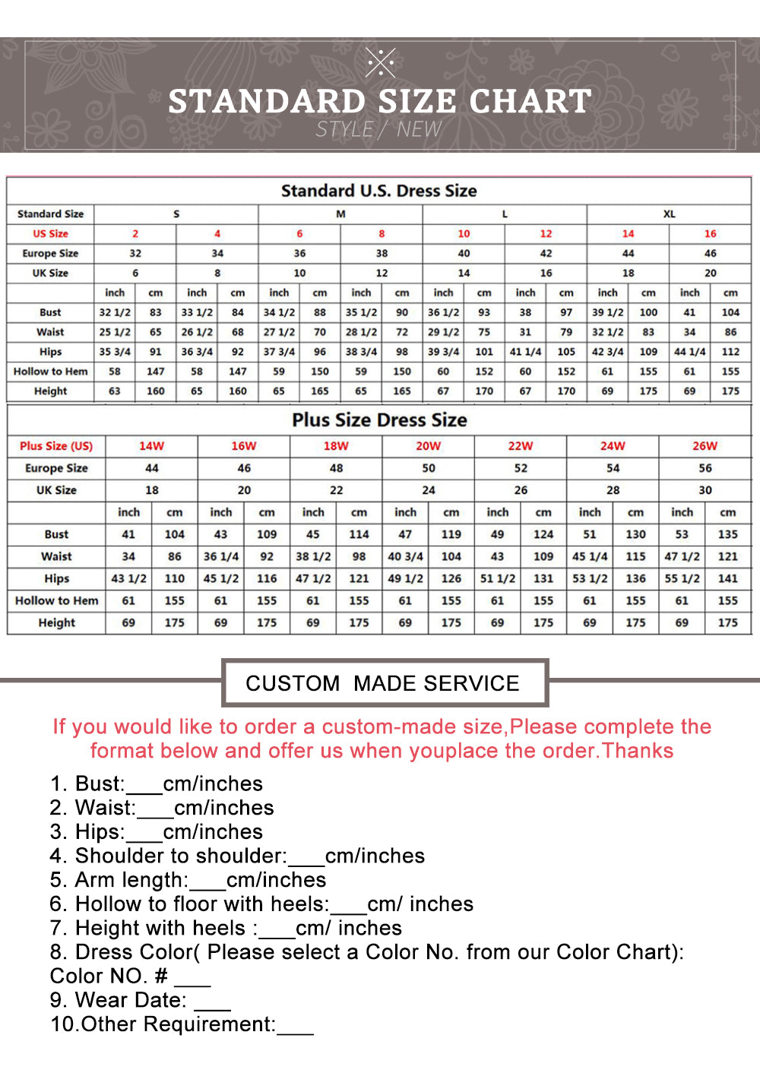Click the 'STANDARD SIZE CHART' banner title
tap(379, 101)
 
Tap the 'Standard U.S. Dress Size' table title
tap(378, 191)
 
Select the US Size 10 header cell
tap(464, 234)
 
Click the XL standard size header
tap(669, 214)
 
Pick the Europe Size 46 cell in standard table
tap(710, 254)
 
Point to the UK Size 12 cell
tap(382, 274)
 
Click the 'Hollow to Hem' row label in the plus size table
tap(57, 601)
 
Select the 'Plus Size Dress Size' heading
tap(379, 420)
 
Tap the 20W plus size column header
tap(428, 446)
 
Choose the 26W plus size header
tap(705, 446)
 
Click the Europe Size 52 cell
tap(521, 468)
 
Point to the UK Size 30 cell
tap(705, 490)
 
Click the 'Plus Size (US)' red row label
tap(56, 446)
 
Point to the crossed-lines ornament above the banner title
tap(380, 62)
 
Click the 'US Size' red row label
tap(50, 234)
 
